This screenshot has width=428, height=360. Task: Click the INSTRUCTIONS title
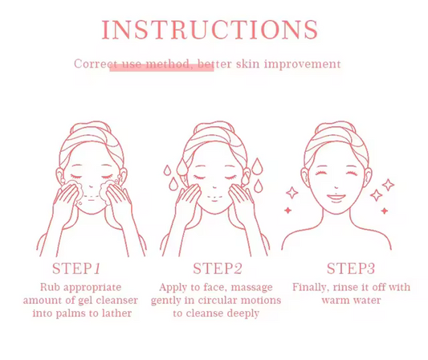[210, 30]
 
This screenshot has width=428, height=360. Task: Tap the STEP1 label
[76, 268]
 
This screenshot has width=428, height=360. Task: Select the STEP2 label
[218, 268]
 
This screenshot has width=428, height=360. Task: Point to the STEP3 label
[351, 268]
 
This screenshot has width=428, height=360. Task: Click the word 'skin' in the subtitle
[247, 64]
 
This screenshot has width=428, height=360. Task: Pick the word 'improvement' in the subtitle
[303, 64]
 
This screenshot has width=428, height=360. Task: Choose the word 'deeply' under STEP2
[243, 313]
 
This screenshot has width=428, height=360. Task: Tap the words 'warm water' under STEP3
[351, 301]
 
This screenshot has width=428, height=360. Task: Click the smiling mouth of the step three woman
[336, 198]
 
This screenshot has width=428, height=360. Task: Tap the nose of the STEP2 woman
[215, 187]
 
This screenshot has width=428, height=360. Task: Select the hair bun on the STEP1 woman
[91, 126]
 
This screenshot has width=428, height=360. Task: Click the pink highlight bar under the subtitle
[161, 67]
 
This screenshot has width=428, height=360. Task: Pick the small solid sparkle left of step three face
[287, 210]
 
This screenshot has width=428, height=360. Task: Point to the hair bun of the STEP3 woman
[335, 126]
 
